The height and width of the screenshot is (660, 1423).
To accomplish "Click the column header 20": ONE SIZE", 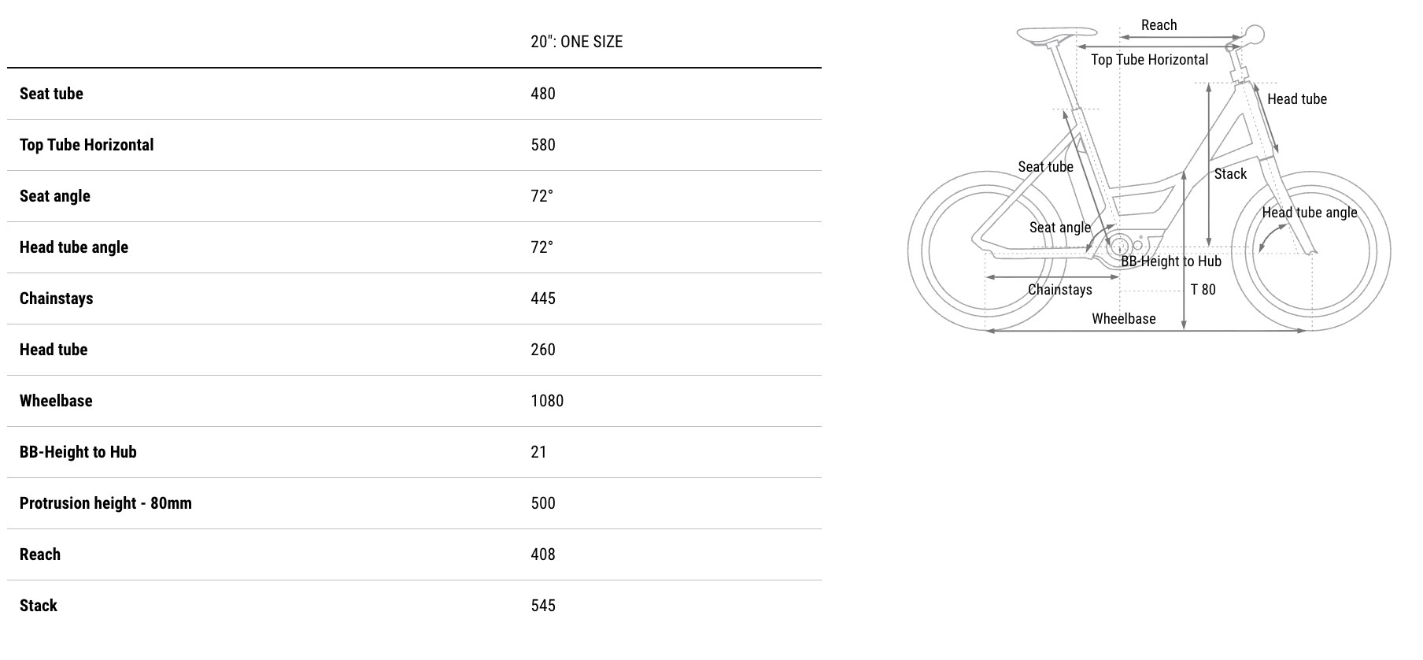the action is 576,42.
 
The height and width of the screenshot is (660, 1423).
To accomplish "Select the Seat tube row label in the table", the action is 51,94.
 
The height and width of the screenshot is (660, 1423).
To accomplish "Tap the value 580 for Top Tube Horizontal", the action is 543,145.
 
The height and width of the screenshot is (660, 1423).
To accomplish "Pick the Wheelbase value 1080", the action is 547,401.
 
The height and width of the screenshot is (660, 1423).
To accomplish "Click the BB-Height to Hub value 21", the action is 538,452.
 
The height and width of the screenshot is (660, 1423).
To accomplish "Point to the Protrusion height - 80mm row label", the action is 105,503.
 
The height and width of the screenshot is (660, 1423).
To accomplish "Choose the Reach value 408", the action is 543,554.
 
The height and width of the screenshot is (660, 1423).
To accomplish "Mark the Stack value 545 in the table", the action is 543,606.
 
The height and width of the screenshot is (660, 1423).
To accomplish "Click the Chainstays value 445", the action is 543,298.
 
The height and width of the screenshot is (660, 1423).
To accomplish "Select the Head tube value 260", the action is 543,350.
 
